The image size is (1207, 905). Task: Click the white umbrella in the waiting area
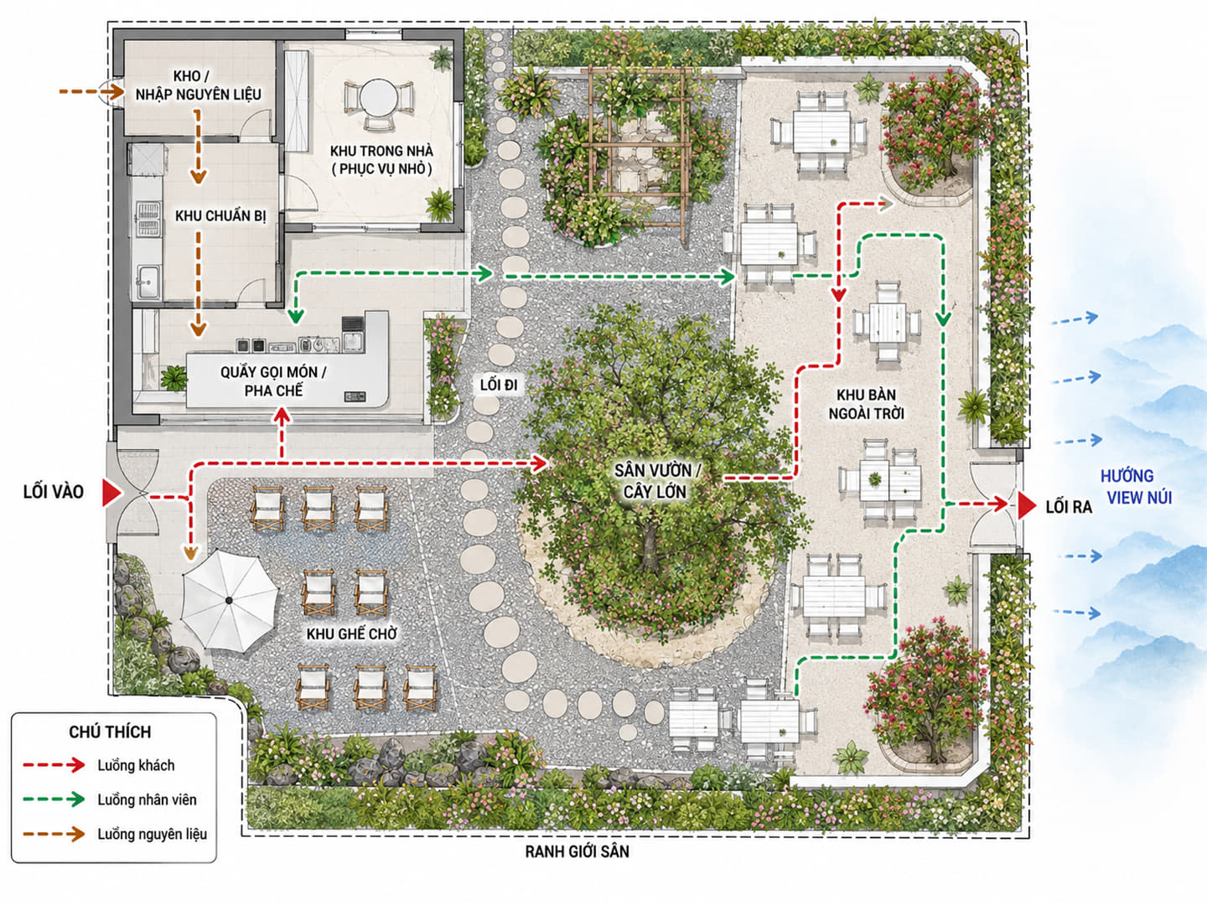pos(230,600)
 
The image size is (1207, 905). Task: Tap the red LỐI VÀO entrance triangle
pos(111,493)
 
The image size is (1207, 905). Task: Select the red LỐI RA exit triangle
pos(1026,505)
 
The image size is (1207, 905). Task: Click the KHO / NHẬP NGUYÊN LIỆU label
pos(198,85)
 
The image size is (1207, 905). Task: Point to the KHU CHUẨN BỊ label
pos(220,216)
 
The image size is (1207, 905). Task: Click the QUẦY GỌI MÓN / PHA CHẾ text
pos(273,381)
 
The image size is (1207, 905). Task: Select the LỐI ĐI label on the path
pos(498,385)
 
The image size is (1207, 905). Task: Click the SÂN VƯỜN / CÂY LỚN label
pos(656,481)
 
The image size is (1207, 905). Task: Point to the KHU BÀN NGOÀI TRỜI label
pos(866,404)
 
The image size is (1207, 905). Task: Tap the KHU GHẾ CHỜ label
pos(352,633)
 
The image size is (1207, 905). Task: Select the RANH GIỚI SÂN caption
pos(577,851)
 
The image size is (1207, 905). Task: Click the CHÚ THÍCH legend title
pos(110,732)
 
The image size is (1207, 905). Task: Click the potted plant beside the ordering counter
pos(174,378)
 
